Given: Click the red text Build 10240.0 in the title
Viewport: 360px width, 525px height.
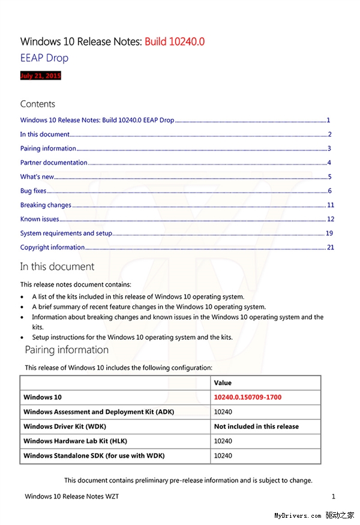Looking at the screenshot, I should tap(174, 41).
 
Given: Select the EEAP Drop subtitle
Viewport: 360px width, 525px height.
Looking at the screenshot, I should tap(44, 58).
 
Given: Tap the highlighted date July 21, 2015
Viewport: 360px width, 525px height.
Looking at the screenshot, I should tap(41, 76).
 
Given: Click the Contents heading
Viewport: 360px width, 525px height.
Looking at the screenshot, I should tap(38, 104).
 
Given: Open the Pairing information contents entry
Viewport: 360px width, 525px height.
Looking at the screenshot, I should tap(48, 149).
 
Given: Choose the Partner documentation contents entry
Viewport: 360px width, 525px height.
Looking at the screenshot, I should tap(53, 163).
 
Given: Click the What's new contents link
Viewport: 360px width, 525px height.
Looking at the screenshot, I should tap(37, 177).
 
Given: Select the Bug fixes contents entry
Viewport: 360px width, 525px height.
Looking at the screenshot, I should tap(33, 191).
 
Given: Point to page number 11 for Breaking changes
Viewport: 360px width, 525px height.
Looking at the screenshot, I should tap(330, 205).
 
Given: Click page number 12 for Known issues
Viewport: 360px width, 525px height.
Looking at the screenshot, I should tap(330, 219).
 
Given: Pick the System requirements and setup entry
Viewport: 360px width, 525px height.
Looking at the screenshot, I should tap(66, 233).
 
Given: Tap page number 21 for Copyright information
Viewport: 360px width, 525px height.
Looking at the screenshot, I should tap(330, 247).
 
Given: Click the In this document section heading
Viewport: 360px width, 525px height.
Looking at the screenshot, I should tap(57, 266).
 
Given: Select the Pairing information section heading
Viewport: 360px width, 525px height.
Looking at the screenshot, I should tap(67, 350).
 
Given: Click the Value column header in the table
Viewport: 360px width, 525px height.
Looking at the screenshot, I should tap(223, 383).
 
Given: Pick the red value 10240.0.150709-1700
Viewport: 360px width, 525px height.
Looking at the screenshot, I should tap(248, 397).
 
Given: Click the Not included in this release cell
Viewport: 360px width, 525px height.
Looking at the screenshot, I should tap(256, 427).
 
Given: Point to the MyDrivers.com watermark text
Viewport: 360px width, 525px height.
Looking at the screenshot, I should tap(298, 515).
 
